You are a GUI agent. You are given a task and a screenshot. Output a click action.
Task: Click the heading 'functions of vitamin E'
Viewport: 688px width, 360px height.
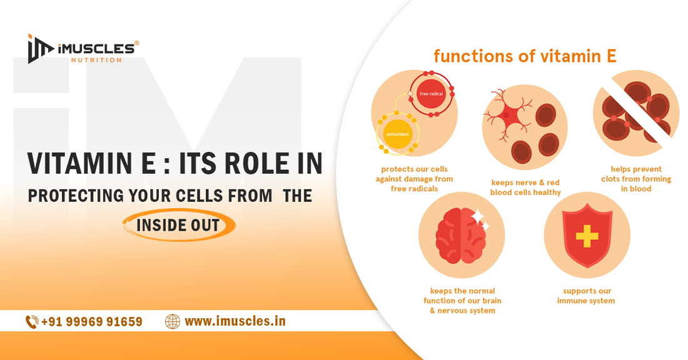[x=525, y=56]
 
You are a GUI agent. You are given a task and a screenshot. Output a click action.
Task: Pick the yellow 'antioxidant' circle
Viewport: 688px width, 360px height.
[x=398, y=132]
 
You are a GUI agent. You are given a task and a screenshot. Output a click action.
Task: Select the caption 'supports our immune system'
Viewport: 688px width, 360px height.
[x=586, y=296]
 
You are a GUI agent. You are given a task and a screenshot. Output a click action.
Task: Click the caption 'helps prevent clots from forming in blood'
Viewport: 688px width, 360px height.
[x=636, y=179]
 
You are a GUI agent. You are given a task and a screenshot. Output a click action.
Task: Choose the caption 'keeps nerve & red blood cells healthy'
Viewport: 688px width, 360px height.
[x=525, y=187]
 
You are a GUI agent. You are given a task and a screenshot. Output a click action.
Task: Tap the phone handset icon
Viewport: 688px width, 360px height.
[x=31, y=321]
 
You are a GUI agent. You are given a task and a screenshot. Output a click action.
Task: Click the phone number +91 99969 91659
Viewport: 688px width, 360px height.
[x=92, y=321]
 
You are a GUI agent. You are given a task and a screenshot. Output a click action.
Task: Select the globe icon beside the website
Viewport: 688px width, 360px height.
[x=173, y=321]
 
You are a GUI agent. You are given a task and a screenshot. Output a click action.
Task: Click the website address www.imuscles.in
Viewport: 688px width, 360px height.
[x=235, y=321]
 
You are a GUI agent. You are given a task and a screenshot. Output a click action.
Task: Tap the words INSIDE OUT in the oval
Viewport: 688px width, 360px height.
[x=178, y=225]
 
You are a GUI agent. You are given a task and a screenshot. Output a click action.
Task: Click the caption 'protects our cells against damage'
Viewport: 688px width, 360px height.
[x=414, y=179]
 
